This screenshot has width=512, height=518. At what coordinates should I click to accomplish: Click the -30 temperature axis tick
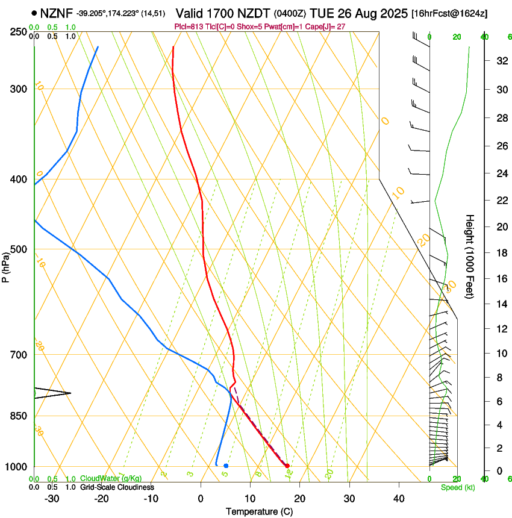pyautogui.click(x=52, y=498)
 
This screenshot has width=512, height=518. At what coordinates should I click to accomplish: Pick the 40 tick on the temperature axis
pyautogui.click(x=399, y=498)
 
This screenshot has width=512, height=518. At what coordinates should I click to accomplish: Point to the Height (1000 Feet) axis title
pyautogui.click(x=470, y=256)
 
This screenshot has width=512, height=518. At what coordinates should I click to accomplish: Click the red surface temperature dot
pyautogui.click(x=287, y=466)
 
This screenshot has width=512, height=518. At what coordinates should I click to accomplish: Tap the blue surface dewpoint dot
pyautogui.click(x=226, y=466)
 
